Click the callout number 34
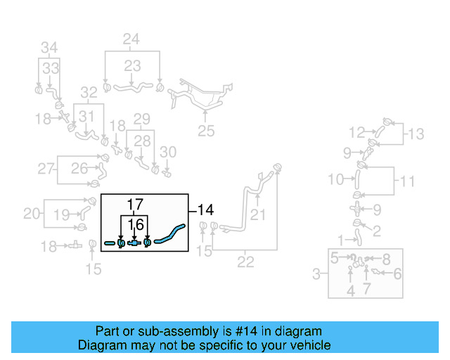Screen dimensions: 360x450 click(49, 48)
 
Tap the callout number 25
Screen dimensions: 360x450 click(205, 130)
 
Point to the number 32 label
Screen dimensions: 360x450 click(89, 91)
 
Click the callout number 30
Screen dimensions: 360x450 click(168, 151)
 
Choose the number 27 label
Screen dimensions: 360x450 click(46, 169)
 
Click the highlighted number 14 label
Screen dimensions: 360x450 click(205, 210)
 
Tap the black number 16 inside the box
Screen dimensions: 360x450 click(136, 224)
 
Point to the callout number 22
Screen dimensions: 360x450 click(245, 262)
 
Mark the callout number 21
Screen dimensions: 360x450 click(258, 214)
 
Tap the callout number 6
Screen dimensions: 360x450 click(398, 274)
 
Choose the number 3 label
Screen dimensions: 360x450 click(317, 273)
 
